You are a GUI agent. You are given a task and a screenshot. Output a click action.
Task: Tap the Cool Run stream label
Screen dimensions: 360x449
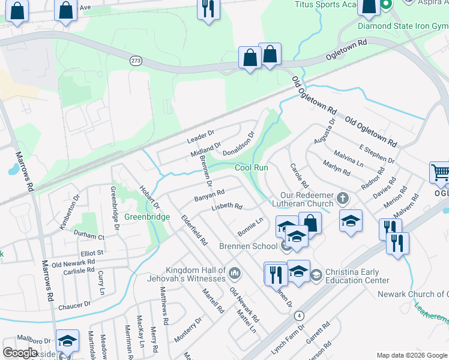click(251, 167)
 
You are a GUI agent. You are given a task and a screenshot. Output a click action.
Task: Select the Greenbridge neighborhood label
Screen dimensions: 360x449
click(147, 217)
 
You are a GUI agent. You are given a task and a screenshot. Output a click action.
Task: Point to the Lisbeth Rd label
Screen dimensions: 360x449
click(226, 208)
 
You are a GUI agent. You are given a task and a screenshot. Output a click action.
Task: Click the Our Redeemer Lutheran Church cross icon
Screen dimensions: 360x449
click(343, 197)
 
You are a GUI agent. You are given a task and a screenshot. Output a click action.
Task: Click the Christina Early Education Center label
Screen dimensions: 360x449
click(357, 276)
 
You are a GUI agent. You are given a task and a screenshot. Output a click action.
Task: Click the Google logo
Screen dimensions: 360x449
click(20, 352)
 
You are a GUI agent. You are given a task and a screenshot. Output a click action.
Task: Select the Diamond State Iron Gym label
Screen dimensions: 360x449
click(403, 26)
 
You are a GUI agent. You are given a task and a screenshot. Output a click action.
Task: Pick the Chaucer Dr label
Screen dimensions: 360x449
click(74, 305)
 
